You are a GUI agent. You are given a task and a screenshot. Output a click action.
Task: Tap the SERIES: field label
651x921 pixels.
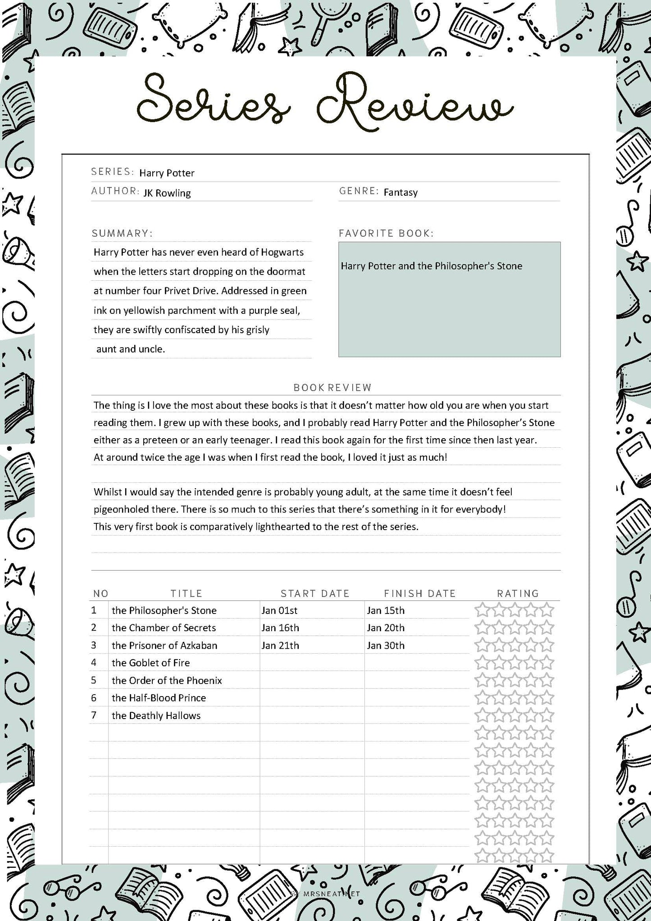tap(112, 172)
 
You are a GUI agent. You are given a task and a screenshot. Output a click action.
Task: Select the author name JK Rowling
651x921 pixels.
tap(167, 193)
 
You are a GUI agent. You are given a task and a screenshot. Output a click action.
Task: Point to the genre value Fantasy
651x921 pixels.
tap(401, 192)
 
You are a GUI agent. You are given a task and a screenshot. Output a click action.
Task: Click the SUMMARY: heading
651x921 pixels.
tap(122, 233)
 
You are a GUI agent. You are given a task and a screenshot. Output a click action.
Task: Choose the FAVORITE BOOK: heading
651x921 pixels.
tap(386, 233)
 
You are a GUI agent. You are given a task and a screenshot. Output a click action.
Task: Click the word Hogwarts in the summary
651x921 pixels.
tap(282, 252)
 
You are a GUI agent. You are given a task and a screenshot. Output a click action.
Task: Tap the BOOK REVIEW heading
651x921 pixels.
tap(332, 387)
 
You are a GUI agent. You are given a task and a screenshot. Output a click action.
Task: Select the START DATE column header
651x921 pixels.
tap(315, 593)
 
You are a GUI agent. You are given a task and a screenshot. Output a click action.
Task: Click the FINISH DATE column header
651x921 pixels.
tap(419, 593)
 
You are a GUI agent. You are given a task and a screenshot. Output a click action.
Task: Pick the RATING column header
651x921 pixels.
tap(518, 593)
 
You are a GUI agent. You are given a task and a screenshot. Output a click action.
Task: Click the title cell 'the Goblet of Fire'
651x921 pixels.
tap(150, 663)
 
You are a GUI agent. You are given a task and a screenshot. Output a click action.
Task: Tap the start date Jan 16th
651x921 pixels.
tap(280, 628)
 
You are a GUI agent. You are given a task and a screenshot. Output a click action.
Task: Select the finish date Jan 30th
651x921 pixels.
tap(385, 646)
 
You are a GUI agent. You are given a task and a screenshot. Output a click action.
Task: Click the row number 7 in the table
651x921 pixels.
tap(94, 715)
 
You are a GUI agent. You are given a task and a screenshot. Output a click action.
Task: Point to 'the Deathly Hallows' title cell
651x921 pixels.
tap(156, 715)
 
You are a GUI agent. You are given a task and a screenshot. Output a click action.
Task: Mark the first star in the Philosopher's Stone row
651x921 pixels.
tap(482, 610)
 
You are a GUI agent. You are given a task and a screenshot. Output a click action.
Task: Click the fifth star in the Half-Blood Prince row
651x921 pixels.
tap(546, 698)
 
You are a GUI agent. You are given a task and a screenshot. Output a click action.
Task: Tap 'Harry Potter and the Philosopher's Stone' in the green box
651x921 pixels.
tap(431, 266)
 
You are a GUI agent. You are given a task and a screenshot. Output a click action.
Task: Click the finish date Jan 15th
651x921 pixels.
tap(385, 610)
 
